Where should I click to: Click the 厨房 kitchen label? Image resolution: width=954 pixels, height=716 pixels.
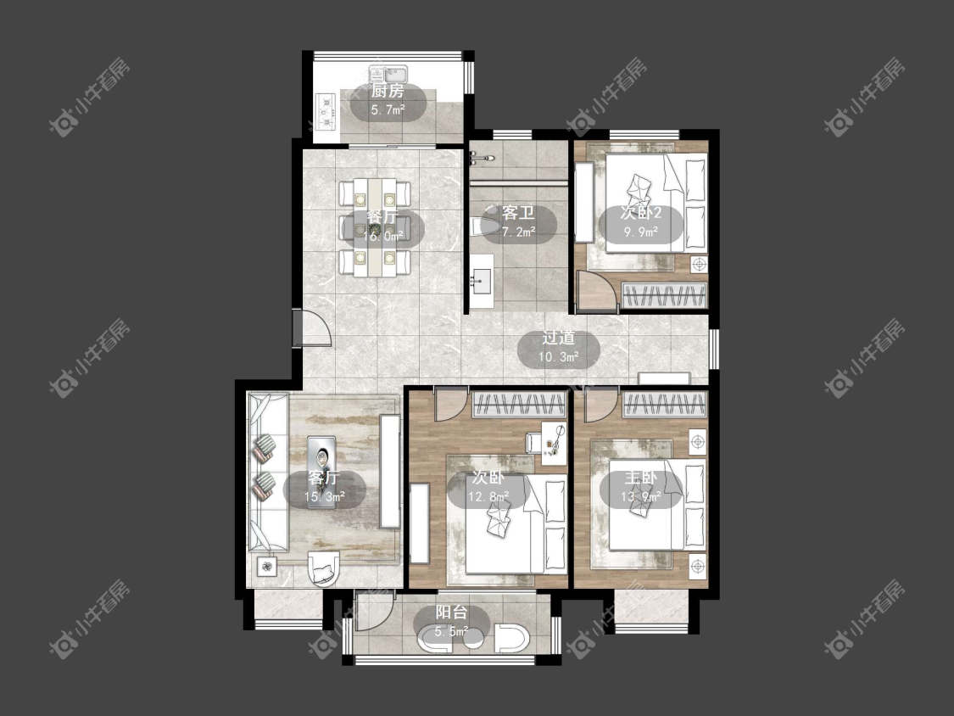click(x=388, y=92)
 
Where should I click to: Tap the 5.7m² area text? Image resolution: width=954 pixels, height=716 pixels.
click(x=388, y=110)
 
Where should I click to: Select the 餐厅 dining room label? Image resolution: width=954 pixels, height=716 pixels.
click(x=382, y=217)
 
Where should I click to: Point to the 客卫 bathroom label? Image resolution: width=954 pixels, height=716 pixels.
click(x=518, y=213)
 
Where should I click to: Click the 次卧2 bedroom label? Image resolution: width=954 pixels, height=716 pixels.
click(x=641, y=213)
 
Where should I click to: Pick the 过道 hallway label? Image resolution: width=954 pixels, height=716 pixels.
click(x=559, y=338)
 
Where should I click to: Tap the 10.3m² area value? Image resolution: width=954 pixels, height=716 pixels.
click(x=559, y=357)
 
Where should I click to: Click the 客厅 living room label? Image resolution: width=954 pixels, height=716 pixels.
click(x=324, y=478)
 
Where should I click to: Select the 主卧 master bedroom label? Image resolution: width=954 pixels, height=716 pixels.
click(x=641, y=478)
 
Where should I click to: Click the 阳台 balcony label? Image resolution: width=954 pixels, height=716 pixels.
click(x=451, y=613)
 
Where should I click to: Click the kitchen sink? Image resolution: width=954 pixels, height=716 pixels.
click(x=390, y=75)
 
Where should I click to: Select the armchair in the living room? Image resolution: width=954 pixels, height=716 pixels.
click(x=324, y=568)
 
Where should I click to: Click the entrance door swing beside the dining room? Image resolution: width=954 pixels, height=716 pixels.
click(x=311, y=328)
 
